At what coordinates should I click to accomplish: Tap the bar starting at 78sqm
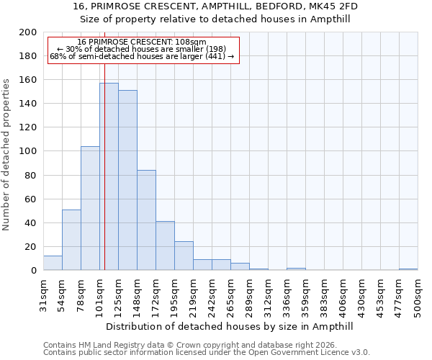pyautogui.click(x=90, y=208)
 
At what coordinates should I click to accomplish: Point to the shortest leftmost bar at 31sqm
pyautogui.click(x=53, y=263)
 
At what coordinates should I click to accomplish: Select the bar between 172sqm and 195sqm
pyautogui.click(x=165, y=246)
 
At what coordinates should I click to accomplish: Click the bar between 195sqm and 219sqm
pyautogui.click(x=184, y=256)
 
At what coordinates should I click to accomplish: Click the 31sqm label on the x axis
pyautogui.click(x=44, y=291)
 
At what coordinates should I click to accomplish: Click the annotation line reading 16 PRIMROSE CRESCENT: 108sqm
pyautogui.click(x=142, y=42)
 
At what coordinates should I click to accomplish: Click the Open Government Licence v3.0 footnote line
pyautogui.click(x=207, y=353)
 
